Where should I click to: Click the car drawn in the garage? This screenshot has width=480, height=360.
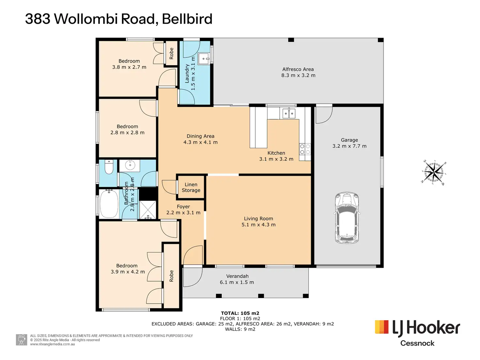tap(347, 217)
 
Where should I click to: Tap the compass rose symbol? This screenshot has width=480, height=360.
tap(434, 172)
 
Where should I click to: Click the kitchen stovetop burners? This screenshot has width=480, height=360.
tap(305, 149)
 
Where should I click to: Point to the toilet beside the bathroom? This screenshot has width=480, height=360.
tap(108, 168)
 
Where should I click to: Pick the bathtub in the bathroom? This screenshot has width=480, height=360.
tap(109, 204)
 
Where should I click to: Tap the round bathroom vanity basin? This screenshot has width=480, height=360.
tap(130, 165)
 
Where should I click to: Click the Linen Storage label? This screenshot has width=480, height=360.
tap(191, 187)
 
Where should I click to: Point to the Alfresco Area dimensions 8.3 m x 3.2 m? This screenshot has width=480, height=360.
tap(298, 75)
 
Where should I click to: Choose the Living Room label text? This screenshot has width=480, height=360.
tap(258, 218)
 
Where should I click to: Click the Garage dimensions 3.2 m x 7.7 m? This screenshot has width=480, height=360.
tap(349, 146)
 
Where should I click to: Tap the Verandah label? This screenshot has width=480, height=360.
tap(237, 276)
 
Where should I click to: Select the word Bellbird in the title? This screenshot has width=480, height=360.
tap(187, 19)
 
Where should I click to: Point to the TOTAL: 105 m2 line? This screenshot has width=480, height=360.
tap(240, 313)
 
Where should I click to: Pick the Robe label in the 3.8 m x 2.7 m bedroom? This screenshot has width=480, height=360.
tap(172, 53)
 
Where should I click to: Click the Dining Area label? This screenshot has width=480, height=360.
tap(200, 136)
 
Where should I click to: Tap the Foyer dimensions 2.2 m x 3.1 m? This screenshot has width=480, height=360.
tap(183, 213)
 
